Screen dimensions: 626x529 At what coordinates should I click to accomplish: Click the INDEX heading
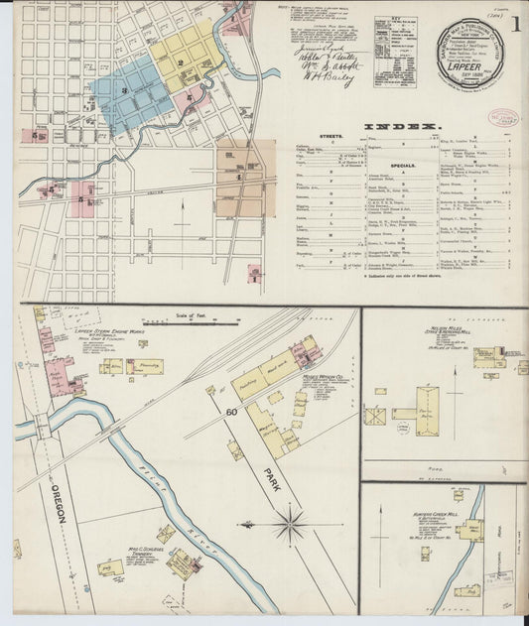(401, 127)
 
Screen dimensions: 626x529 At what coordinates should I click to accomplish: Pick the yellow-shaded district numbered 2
(181, 62)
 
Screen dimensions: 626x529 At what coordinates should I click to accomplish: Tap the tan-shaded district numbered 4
(241, 177)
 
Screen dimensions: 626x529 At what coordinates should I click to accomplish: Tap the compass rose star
(290, 523)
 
